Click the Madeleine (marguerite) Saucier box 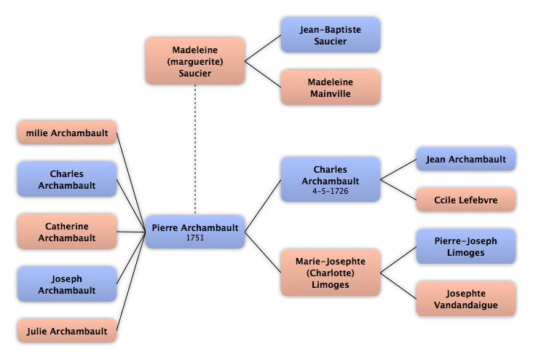click(x=194, y=61)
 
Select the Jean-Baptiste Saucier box click(x=330, y=35)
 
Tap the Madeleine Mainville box click(x=330, y=87)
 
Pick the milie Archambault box click(x=67, y=133)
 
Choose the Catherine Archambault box click(x=67, y=232)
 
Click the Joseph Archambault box click(x=67, y=284)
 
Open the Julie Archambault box click(x=67, y=331)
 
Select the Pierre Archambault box click(x=194, y=232)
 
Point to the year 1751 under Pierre click(x=194, y=238)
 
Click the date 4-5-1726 click(x=331, y=191)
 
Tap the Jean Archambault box click(x=466, y=159)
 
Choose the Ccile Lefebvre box click(x=466, y=200)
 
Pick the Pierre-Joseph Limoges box click(x=466, y=246)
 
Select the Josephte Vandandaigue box click(x=466, y=299)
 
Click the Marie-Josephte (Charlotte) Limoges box click(x=330, y=273)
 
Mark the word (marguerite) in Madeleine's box click(x=194, y=61)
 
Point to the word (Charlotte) click(x=331, y=273)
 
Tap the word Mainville click(x=331, y=93)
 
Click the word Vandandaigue click(x=466, y=305)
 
